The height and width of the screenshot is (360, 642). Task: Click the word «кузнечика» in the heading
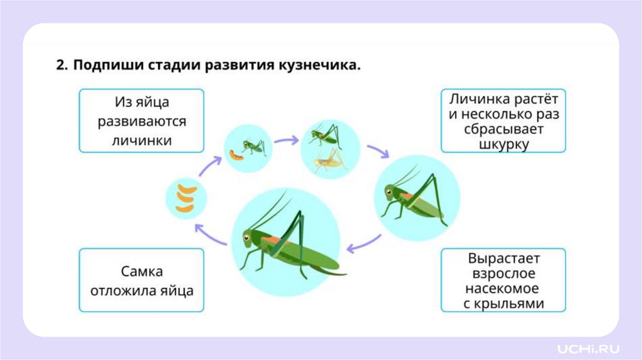click(318, 66)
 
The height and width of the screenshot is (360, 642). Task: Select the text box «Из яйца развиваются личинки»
click(142, 120)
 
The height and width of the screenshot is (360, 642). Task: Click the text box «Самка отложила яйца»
click(142, 280)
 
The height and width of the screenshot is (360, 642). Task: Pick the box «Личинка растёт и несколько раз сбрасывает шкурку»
click(503, 120)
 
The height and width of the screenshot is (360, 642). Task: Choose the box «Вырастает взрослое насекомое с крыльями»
click(503, 280)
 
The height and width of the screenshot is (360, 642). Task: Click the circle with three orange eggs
click(186, 198)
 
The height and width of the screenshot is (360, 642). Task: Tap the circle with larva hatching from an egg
click(248, 149)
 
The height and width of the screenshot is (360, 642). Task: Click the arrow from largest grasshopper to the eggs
click(209, 235)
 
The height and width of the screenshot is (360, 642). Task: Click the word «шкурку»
click(503, 144)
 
